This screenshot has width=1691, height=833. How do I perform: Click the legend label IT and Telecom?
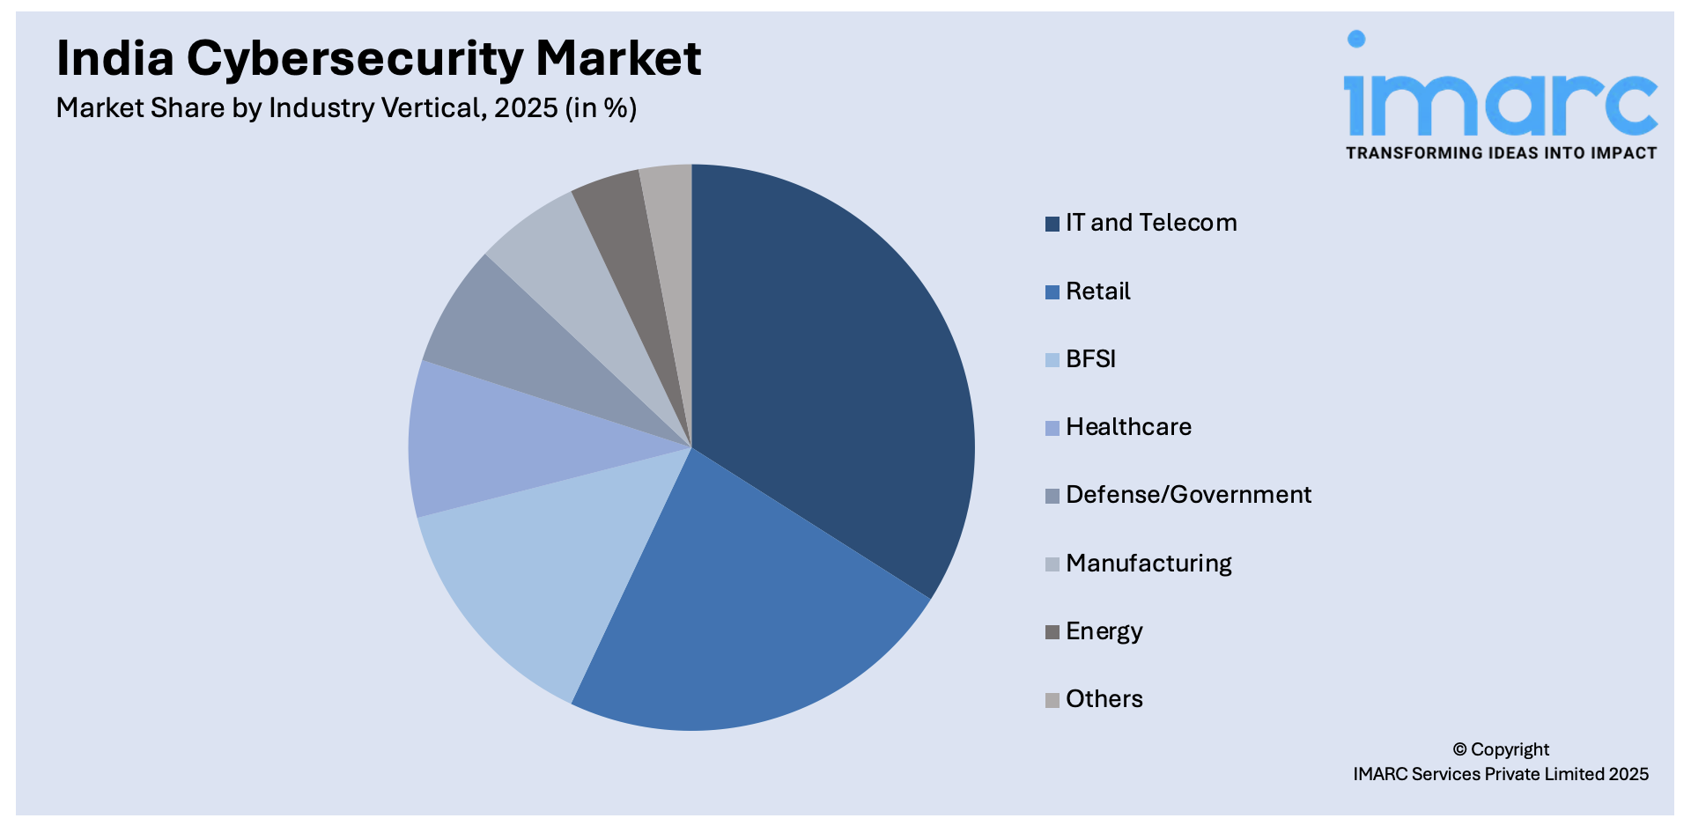pos(1150,223)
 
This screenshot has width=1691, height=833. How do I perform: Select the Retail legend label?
pos(1097,291)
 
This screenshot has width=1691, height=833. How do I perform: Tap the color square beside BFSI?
pos(1052,360)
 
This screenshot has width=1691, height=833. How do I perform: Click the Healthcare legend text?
pos(1128,427)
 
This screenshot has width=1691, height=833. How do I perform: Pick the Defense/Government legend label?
pos(1188,495)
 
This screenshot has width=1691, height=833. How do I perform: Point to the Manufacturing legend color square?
pos(1052,564)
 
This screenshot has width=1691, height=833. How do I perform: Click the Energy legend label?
pos(1104,631)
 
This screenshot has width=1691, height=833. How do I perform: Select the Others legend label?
pos(1104,699)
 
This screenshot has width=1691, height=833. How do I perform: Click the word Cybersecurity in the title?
pos(355,60)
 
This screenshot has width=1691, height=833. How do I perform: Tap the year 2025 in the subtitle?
pos(526,108)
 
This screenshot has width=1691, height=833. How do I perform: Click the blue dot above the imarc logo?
pos(1356,39)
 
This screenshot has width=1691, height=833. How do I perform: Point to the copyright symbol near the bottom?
pos(1459,749)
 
